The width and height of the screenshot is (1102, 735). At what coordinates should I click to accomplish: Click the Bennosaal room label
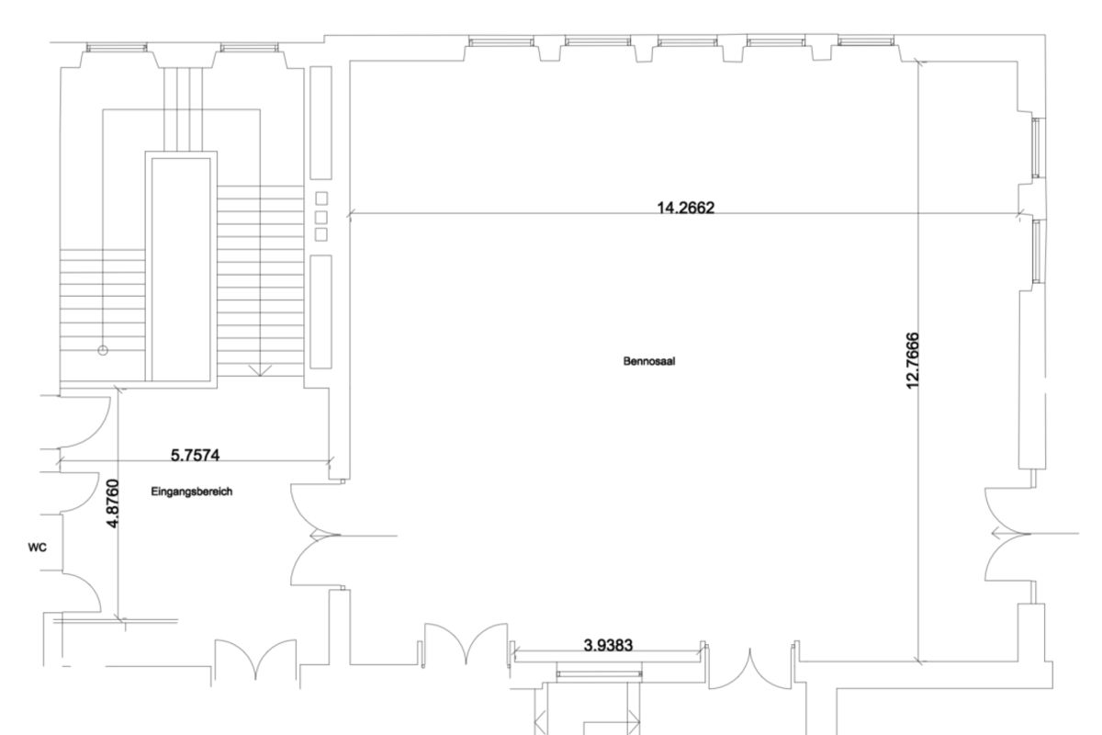coord(649,361)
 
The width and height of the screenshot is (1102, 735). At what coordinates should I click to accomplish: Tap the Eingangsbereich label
coord(191,492)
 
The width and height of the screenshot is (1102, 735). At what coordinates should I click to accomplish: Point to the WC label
coord(38,548)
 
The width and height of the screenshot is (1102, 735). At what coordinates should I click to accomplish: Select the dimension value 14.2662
coord(685,208)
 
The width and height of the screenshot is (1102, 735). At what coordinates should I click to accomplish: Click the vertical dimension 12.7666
coord(913,361)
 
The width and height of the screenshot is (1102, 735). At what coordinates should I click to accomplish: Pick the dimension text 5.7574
coord(195,456)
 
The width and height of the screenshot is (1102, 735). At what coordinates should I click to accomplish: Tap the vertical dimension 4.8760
coord(113,503)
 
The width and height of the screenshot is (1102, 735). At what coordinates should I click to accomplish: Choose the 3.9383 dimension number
coord(608,645)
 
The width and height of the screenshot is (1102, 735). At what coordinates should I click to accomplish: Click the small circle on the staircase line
coord(103,351)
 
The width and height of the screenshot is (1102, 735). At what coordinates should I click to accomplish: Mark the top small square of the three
coord(321,198)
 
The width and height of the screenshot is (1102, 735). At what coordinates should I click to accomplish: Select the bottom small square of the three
coord(320,235)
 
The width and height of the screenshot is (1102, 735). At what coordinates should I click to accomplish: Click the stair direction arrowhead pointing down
coord(260,370)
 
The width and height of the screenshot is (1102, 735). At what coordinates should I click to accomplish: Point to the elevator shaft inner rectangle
coord(181,270)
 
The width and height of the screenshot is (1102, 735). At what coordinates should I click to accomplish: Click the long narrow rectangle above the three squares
coord(320,123)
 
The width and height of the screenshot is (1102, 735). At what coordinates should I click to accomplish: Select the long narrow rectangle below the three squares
coord(320,311)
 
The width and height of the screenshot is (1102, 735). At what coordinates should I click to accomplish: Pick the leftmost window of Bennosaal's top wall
coord(500,41)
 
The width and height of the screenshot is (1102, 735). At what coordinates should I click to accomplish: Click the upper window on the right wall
coord(1036,148)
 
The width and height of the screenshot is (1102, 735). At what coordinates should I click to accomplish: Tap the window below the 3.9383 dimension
coord(599,673)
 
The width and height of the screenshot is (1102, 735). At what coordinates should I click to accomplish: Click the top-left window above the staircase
coord(117,48)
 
